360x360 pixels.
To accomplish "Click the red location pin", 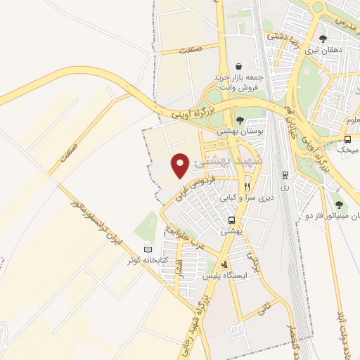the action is click(x=180, y=165).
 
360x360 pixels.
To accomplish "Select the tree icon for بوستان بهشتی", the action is click(x=240, y=120).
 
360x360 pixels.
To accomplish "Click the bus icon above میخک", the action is click(x=347, y=139).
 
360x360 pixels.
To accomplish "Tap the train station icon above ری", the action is click(x=284, y=175).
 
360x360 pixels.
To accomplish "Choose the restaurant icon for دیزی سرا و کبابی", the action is click(x=247, y=186).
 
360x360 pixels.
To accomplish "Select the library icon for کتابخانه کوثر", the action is click(x=147, y=250).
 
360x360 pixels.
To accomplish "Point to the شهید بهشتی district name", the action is click(x=230, y=160).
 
